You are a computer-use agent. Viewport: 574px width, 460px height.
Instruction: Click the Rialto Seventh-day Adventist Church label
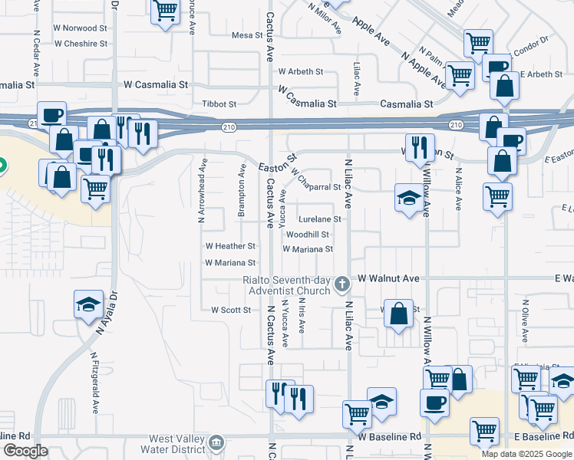[x=288, y=285]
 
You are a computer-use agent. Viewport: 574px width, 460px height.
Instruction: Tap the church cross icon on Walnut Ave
[x=342, y=285]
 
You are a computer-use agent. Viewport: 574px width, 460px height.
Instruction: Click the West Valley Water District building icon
[x=218, y=442]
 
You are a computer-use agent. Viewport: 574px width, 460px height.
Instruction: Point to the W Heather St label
[x=230, y=247]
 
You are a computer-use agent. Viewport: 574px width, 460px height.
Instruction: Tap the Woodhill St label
[x=308, y=235]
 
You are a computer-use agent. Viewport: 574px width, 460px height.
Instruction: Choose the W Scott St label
[x=231, y=310]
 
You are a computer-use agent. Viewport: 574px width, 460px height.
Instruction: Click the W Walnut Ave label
[x=388, y=278]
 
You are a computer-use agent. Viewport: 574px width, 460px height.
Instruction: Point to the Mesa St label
[x=247, y=35]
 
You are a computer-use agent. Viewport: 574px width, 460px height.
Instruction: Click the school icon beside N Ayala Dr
[x=89, y=304]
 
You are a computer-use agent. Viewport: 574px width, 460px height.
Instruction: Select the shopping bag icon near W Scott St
[x=399, y=314]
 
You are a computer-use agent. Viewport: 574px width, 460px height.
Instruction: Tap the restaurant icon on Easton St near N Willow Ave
[x=420, y=146]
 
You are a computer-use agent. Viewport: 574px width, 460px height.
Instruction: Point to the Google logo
[x=25, y=452]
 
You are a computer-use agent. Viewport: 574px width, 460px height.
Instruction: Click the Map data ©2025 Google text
[x=526, y=454]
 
